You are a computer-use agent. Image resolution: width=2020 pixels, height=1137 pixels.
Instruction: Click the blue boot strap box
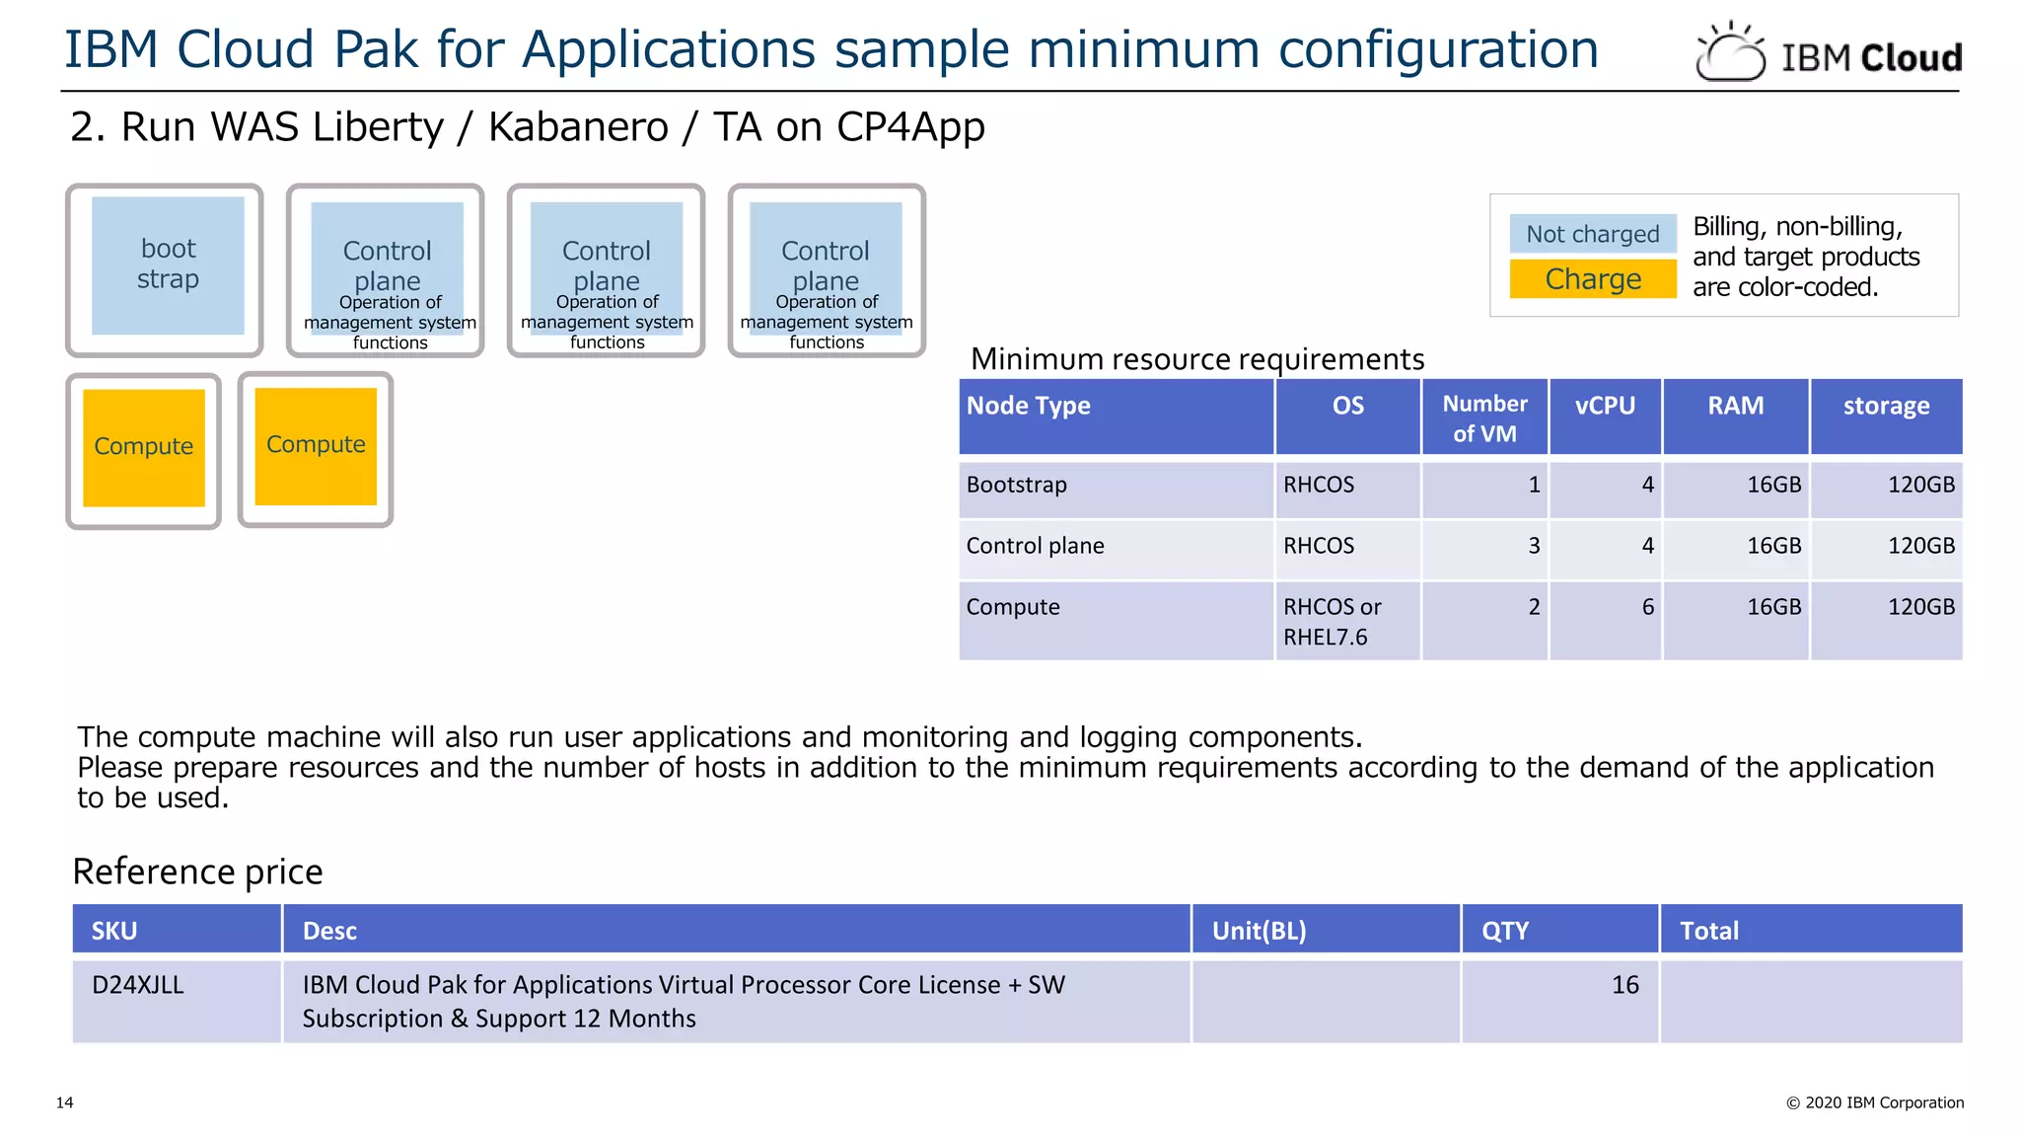[x=168, y=265]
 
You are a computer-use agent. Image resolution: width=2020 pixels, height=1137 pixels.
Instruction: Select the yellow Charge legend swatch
[x=1592, y=279]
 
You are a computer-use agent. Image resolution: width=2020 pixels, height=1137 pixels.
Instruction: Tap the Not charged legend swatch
[x=1592, y=234]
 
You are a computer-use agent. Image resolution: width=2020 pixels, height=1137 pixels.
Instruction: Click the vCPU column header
[x=1605, y=406]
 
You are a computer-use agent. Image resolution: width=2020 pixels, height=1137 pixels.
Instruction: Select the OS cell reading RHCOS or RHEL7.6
[x=1332, y=622]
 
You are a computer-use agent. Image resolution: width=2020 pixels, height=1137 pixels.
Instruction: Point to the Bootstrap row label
[x=1017, y=485]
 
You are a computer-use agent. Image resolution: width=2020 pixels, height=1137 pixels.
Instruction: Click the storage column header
[x=1886, y=406]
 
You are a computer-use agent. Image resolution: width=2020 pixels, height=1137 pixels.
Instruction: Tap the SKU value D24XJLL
[x=138, y=985]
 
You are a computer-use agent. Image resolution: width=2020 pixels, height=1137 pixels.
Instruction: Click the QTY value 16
[x=1624, y=985]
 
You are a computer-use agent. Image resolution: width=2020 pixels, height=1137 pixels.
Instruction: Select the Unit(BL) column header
[x=1259, y=931]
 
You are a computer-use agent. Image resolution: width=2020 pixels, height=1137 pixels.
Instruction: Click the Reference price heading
[x=197, y=872]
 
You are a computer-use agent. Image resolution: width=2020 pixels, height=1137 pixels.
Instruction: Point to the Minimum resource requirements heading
[x=1197, y=359]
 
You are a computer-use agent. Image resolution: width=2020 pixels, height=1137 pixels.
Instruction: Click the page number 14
[x=65, y=1102]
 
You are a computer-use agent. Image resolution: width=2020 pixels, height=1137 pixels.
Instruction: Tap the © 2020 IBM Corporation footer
[x=1874, y=1102]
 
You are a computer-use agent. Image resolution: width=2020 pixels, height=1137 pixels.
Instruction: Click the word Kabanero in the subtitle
[x=578, y=127]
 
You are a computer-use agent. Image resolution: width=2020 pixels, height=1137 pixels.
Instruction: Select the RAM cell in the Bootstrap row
[x=1773, y=485]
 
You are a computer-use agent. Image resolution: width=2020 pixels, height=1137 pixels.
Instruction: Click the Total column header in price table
[x=1709, y=931]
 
